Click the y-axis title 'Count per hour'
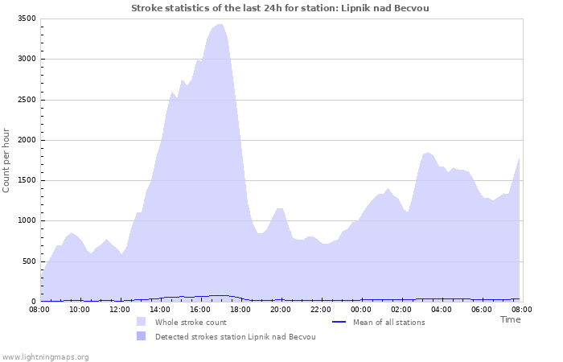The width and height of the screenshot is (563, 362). [x=7, y=159]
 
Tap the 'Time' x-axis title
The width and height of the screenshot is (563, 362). [x=510, y=319]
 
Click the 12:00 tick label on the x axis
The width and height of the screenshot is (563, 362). [x=120, y=309]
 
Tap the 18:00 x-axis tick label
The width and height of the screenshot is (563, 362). [x=240, y=309]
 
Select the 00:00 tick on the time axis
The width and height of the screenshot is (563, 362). [x=361, y=309]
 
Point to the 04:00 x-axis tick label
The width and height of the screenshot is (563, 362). [x=442, y=309]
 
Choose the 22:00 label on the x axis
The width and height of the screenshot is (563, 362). [x=321, y=309]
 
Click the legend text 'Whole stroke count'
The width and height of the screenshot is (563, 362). [x=191, y=323]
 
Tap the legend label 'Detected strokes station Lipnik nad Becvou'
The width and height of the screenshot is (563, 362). [x=235, y=337]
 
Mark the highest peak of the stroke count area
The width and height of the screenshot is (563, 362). [x=220, y=25]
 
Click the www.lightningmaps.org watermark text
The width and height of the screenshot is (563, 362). [x=45, y=356]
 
